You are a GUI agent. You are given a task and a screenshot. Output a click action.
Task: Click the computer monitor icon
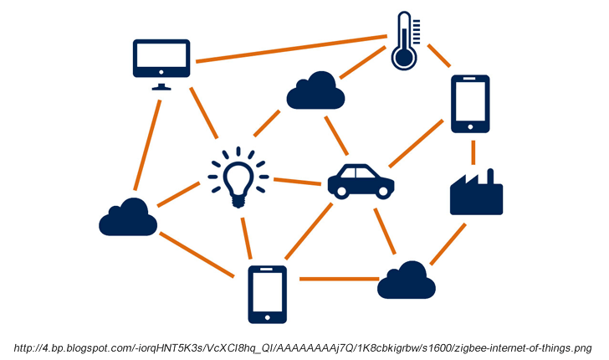(162, 59)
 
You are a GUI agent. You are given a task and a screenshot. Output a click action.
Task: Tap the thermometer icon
(405, 41)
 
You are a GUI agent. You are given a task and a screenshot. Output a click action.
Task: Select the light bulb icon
(238, 178)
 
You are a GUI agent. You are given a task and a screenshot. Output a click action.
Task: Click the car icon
(361, 181)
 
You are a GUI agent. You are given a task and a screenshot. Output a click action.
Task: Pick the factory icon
(476, 193)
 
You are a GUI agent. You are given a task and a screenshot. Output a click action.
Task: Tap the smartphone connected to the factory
(470, 104)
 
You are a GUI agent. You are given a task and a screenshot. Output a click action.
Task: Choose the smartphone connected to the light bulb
(267, 294)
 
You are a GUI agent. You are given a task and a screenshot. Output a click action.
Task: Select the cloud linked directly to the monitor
(128, 218)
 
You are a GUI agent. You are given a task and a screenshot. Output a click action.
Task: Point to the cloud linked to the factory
(407, 280)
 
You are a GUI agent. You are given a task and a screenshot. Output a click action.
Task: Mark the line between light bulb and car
(298, 181)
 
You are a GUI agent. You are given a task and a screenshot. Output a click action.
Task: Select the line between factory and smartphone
(473, 151)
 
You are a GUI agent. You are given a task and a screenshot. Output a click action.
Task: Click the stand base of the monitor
(162, 86)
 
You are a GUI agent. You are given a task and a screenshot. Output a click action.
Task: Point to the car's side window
(361, 174)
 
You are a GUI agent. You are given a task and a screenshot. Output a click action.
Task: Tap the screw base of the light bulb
(238, 201)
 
